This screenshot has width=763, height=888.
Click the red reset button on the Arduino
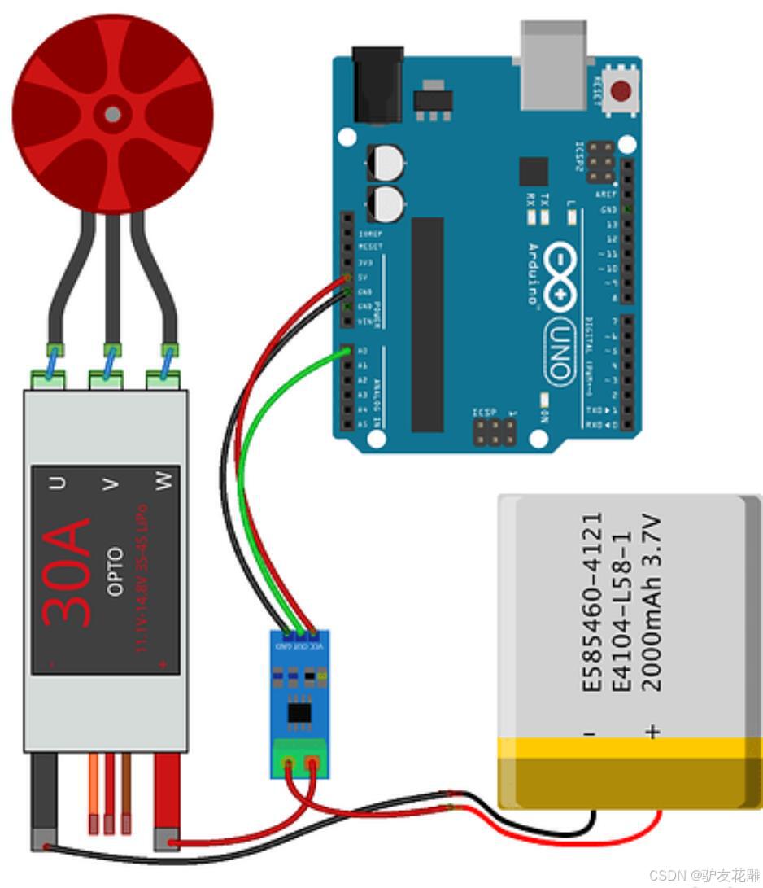623,90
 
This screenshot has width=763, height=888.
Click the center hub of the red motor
113,113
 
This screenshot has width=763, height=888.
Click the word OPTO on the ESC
115,571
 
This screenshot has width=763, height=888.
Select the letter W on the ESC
165,483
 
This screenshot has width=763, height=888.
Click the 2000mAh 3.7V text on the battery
653,602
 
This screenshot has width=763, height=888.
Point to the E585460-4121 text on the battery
593,602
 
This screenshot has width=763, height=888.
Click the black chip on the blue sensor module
299,713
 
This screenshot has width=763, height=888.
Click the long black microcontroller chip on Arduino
428,324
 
